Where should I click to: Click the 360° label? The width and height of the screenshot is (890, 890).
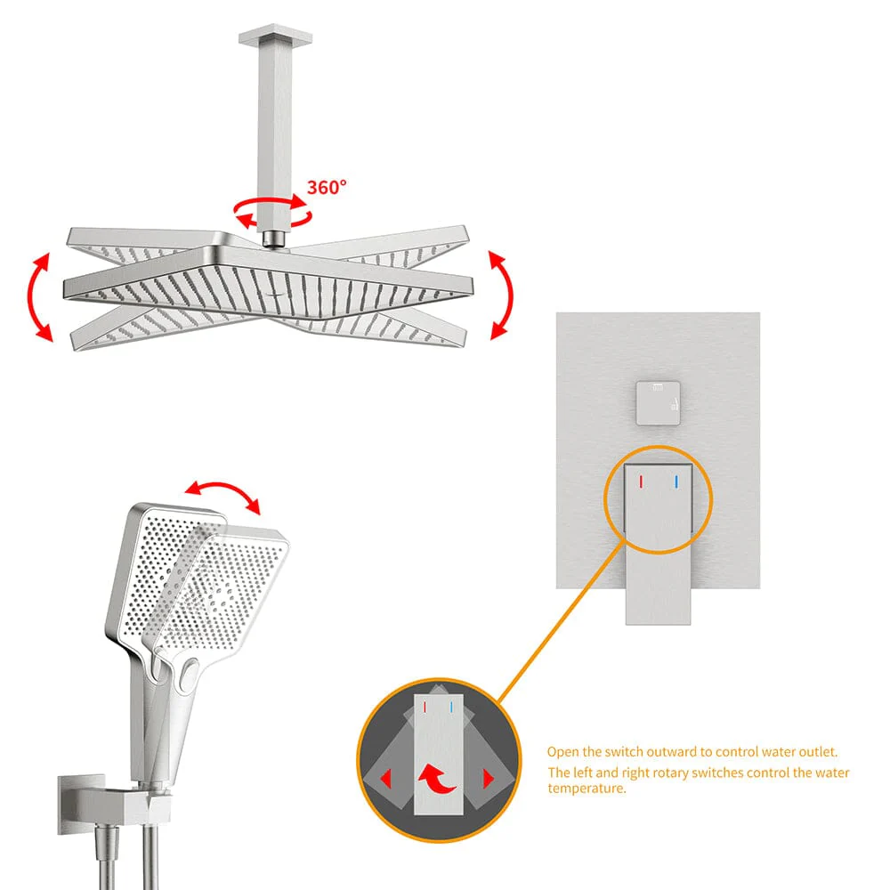327,187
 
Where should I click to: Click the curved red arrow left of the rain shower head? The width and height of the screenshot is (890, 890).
38,297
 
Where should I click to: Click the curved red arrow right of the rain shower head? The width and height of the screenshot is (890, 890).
501,295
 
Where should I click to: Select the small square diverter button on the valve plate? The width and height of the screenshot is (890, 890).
658,403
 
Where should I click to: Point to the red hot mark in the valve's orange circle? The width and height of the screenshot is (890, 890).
641,481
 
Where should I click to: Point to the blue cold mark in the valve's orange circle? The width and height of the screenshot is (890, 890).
676,481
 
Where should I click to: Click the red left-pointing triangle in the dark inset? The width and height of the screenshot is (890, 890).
386,778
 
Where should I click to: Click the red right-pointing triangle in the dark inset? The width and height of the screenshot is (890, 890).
488,779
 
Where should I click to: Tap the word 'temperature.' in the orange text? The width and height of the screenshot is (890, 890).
587,789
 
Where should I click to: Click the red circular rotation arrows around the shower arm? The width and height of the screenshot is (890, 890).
273,211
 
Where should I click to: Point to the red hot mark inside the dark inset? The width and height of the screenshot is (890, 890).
425,708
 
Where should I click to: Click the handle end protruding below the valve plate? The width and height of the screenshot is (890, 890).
659,606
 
